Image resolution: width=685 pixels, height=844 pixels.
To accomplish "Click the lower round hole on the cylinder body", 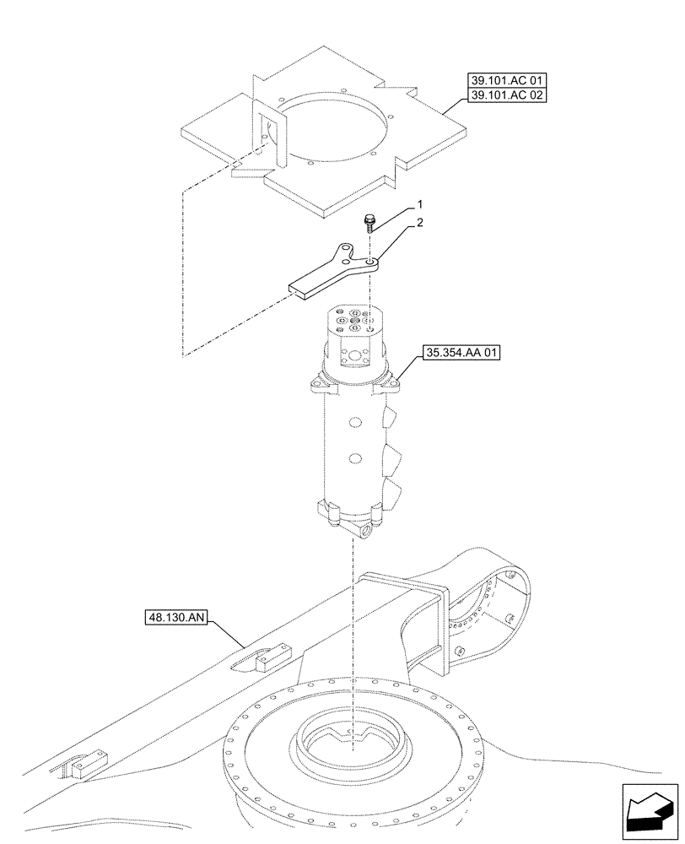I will [356, 459].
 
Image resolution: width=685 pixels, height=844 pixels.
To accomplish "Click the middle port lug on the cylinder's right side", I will [391, 461].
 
